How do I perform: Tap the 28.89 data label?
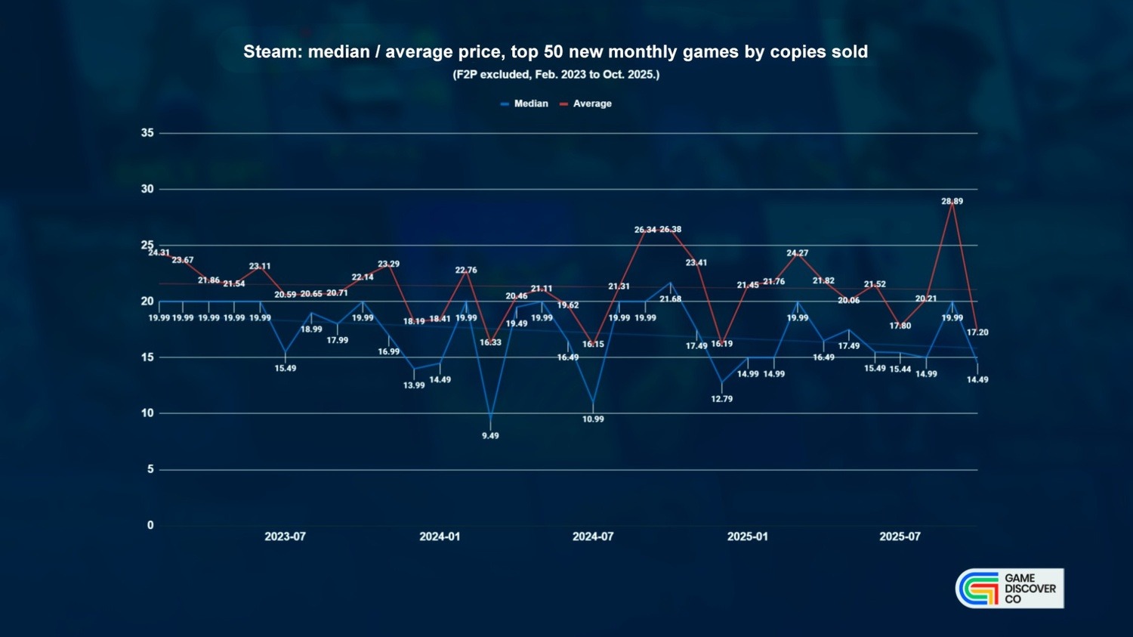click(952, 202)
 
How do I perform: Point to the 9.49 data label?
click(490, 436)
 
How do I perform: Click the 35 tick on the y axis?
click(147, 133)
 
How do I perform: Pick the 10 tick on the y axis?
click(147, 413)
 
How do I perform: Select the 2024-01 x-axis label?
click(440, 537)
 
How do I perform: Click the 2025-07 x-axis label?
click(900, 537)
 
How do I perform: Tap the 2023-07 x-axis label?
click(285, 537)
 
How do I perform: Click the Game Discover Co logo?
click(1009, 589)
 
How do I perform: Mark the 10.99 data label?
click(593, 419)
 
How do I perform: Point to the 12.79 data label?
click(721, 399)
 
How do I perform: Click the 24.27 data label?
click(797, 254)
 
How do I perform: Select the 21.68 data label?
click(670, 299)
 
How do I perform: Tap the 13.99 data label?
click(414, 385)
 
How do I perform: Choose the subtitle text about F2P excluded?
click(556, 75)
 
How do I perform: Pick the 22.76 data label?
click(466, 271)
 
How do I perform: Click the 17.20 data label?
click(977, 332)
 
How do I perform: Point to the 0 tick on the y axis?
click(150, 525)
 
